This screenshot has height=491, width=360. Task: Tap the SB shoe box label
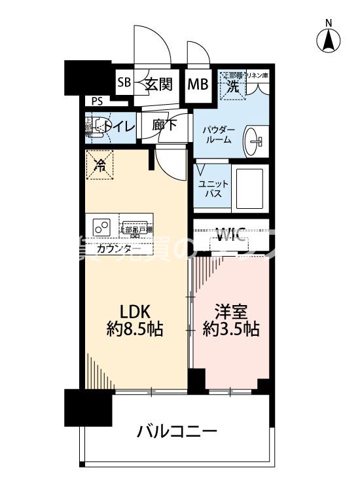click(124, 84)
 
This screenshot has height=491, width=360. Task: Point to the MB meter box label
click(198, 84)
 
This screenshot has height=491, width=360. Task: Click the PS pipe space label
click(98, 101)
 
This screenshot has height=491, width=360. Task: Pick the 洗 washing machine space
click(231, 85)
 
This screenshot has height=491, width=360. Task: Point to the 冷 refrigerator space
click(99, 165)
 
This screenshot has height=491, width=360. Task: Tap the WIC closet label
click(230, 232)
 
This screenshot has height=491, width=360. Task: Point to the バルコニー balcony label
click(177, 432)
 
